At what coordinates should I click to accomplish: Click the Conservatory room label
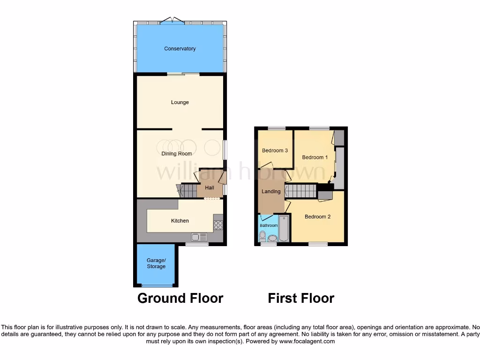(x=180, y=49)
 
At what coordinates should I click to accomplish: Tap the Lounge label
(x=180, y=102)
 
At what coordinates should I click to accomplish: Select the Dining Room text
(x=177, y=154)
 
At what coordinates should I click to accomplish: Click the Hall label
(x=210, y=188)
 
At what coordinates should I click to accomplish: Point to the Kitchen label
(x=180, y=221)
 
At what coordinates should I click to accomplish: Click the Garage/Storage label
(x=156, y=263)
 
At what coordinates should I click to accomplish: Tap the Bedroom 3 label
(x=275, y=150)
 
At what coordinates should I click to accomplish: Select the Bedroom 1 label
(x=315, y=157)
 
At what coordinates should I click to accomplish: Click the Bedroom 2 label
(x=317, y=217)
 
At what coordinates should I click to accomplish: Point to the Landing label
(x=271, y=191)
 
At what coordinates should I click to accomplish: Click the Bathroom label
(x=269, y=226)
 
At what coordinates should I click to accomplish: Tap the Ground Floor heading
(x=180, y=298)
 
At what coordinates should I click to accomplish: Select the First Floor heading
(x=301, y=298)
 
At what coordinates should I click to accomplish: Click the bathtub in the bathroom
(x=284, y=229)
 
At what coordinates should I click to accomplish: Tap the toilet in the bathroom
(x=262, y=235)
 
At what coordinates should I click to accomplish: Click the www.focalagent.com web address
(x=307, y=342)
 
